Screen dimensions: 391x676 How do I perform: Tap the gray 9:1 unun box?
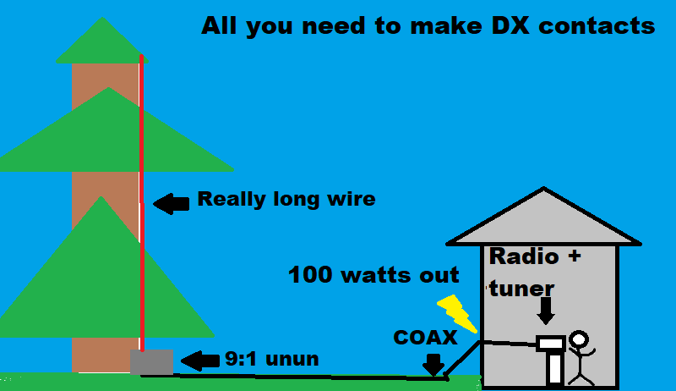[151, 362]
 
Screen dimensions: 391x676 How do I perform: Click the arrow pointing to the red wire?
[172, 203]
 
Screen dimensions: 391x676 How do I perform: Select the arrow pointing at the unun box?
[199, 360]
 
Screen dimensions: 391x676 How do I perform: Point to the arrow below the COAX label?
[433, 365]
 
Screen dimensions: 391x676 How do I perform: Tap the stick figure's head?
[580, 340]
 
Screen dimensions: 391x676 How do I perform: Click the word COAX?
[425, 338]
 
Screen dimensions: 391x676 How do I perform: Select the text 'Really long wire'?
[286, 200]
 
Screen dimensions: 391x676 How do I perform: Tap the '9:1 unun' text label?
[272, 359]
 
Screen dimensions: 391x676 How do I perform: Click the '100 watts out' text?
[373, 275]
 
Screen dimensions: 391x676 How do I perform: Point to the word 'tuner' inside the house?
[522, 289]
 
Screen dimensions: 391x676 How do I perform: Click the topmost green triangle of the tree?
[102, 42]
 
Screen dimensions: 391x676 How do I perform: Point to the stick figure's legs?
[581, 372]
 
